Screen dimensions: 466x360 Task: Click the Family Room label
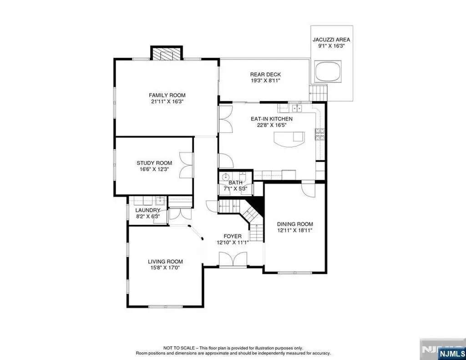[x=167, y=96]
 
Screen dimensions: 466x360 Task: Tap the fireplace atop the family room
[x=166, y=53]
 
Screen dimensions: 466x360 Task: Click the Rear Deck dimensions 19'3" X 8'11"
[x=265, y=81]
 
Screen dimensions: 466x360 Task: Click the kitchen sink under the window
[x=296, y=107]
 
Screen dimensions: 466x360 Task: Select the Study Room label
[x=154, y=163]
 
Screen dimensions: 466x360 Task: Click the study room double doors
[x=186, y=165]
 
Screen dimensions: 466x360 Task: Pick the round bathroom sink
[x=225, y=178]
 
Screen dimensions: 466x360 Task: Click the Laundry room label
[x=148, y=210]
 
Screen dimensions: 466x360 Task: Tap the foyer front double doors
[x=233, y=260]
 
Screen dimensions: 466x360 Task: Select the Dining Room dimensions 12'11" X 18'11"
[x=295, y=230]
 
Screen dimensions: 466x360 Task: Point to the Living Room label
[x=165, y=262]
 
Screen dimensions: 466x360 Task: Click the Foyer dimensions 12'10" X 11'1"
[x=233, y=242]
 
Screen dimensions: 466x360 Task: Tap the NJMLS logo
[x=451, y=354]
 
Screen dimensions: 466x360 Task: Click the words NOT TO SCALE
[x=179, y=348]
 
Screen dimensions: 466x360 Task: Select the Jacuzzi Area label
[x=331, y=40]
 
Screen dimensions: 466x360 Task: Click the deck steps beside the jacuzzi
[x=318, y=93]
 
